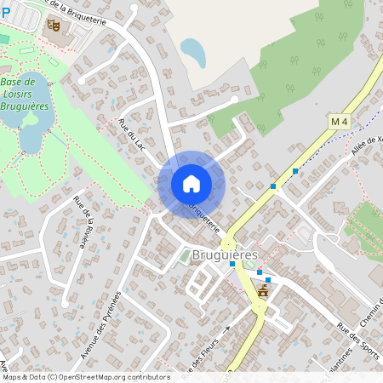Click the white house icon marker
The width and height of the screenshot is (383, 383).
[191, 183]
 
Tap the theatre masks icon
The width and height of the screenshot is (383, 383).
[53, 26]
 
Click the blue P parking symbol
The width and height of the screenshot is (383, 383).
[5, 12]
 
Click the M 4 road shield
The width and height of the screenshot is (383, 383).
[340, 122]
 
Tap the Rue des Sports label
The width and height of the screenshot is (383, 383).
[357, 340]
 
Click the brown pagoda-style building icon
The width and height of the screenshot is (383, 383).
[262, 292]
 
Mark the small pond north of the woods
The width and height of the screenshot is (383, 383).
[193, 53]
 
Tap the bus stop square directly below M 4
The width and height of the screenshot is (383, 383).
[295, 171]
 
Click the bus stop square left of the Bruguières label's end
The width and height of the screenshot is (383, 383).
[232, 264]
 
